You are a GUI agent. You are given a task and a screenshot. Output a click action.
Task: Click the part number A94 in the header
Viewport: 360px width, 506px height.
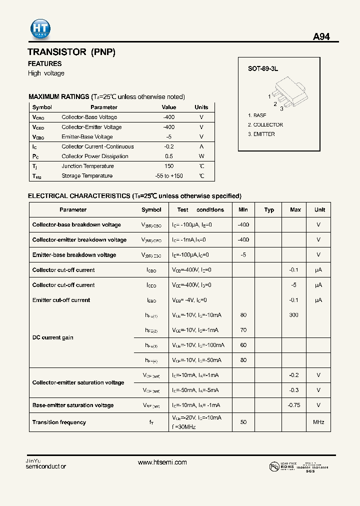click(x=321, y=37)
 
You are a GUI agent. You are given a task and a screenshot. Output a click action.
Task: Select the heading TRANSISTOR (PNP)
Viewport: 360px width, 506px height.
click(x=71, y=52)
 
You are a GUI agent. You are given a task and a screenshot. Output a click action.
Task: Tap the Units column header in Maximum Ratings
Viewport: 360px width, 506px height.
click(x=201, y=107)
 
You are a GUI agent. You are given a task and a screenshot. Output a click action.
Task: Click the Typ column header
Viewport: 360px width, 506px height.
click(x=269, y=210)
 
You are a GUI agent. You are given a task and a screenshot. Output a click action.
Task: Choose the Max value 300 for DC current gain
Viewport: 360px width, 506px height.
click(x=294, y=315)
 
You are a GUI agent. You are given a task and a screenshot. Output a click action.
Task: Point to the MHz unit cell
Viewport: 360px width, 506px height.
click(x=318, y=422)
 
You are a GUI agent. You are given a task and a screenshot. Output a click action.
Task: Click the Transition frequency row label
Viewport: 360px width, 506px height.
click(x=59, y=422)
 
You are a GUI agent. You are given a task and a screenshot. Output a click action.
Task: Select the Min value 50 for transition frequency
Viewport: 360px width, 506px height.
click(x=243, y=422)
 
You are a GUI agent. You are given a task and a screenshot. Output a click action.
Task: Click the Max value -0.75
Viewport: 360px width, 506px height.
click(x=294, y=405)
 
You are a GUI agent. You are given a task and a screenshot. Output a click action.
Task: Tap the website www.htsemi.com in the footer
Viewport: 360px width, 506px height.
click(x=162, y=462)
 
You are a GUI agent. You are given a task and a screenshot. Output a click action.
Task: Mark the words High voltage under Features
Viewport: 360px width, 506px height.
click(x=46, y=73)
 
